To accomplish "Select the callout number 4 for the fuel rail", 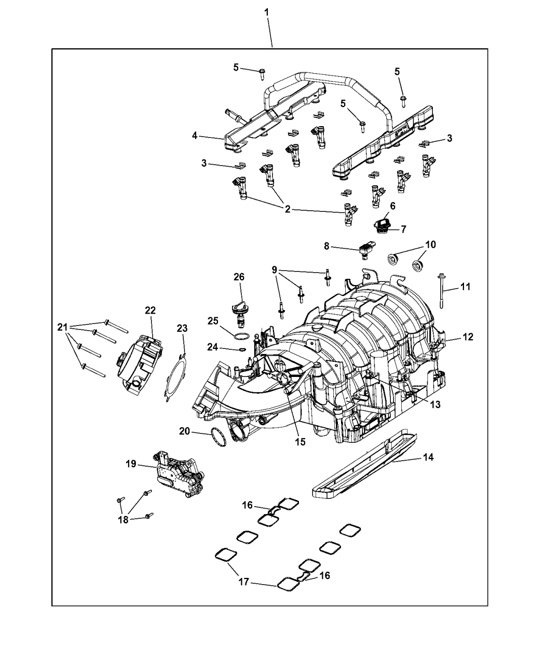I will click(195, 136).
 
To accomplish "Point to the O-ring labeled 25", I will click(239, 337).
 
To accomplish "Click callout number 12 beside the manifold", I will click(468, 337).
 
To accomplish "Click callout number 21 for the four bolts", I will click(62, 327).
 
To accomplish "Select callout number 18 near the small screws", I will click(123, 519).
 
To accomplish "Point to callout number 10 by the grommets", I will click(431, 244).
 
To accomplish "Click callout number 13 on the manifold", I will click(435, 404).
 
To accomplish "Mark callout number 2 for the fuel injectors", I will click(287, 210).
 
